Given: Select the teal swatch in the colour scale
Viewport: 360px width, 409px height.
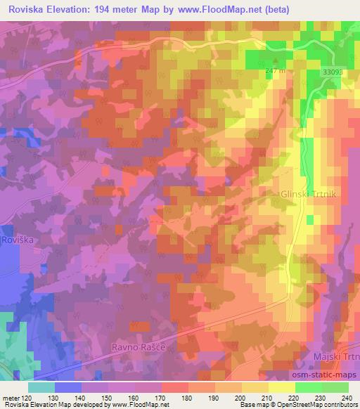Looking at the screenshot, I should click(41, 387).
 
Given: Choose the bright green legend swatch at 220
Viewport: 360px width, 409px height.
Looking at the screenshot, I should click(308, 387).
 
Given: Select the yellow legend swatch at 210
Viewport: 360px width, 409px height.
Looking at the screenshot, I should click(281, 387).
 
